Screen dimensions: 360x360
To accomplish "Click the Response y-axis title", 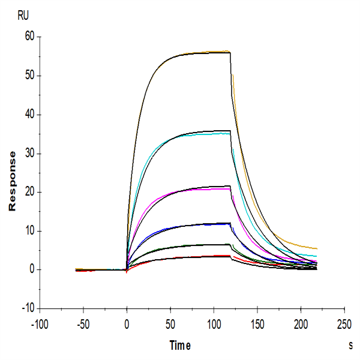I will (11, 181).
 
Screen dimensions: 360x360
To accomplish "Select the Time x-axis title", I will (179, 346).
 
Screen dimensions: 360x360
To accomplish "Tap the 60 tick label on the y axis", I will (28, 37).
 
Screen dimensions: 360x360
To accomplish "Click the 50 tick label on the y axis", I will (28, 76).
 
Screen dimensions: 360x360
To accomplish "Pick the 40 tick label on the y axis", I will (28, 115).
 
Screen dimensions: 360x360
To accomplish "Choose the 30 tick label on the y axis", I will (28, 154).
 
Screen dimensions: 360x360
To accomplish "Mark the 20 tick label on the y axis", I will (28, 192).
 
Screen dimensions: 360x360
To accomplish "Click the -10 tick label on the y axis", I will (26, 308).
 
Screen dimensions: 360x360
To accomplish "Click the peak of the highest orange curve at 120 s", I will (229, 52).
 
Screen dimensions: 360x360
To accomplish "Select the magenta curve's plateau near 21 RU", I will (204, 189).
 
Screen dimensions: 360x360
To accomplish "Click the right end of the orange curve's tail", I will (316, 248).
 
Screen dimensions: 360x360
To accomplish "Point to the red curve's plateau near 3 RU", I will (204, 256).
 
